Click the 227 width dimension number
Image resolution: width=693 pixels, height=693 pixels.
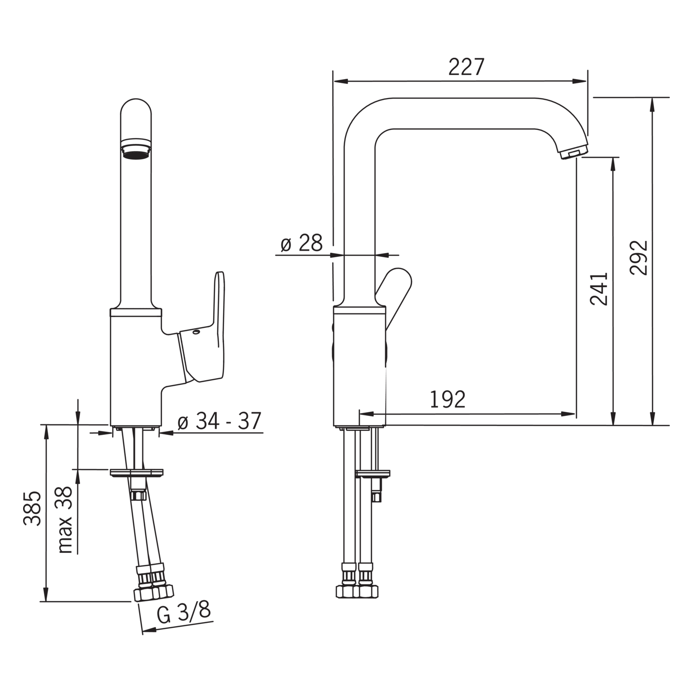click(x=466, y=67)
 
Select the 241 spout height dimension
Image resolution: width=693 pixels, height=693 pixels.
click(x=599, y=289)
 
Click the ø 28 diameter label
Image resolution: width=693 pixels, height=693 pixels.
click(x=301, y=243)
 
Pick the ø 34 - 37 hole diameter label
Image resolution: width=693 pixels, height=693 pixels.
click(x=219, y=421)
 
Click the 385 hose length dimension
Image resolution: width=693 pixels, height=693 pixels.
click(x=32, y=513)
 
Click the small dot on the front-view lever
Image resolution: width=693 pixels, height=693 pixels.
click(x=197, y=331)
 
